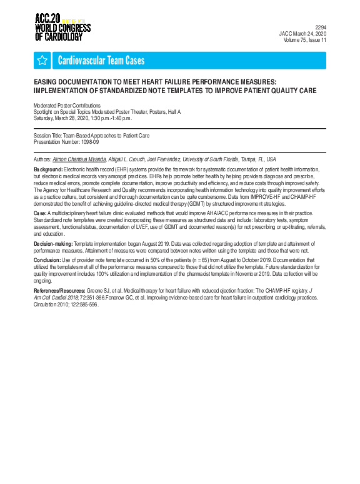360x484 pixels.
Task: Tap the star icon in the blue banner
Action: pyautogui.click(x=42, y=60)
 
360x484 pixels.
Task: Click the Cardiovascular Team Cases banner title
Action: pyautogui.click(x=101, y=61)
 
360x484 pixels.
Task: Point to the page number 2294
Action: pyautogui.click(x=320, y=28)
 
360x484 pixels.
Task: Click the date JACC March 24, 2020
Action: pyautogui.click(x=302, y=34)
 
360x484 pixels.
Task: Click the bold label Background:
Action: pyautogui.click(x=48, y=169)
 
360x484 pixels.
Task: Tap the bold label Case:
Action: pyautogui.click(x=40, y=213)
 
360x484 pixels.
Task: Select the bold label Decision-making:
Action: pyautogui.click(x=53, y=243)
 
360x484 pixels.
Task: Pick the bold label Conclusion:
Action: pyautogui.click(x=47, y=259)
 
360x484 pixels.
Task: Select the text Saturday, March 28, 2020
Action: pyautogui.click(x=62, y=118)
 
